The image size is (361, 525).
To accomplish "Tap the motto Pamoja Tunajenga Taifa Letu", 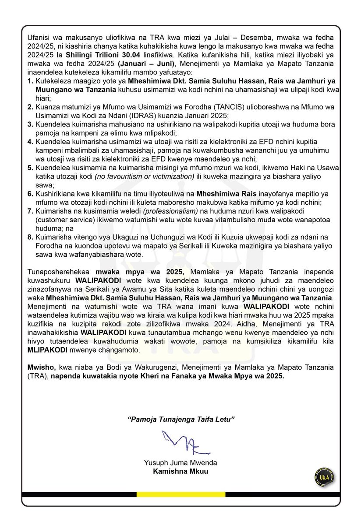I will (181, 419).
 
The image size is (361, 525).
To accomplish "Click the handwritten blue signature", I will (180, 443).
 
